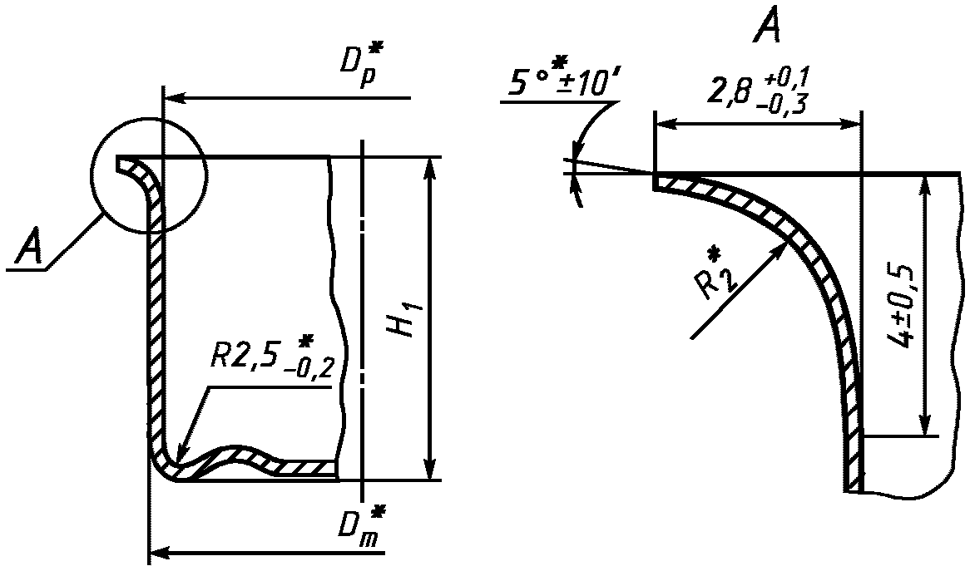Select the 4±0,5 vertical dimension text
pos(899,308)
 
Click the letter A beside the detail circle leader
pos(29,248)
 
